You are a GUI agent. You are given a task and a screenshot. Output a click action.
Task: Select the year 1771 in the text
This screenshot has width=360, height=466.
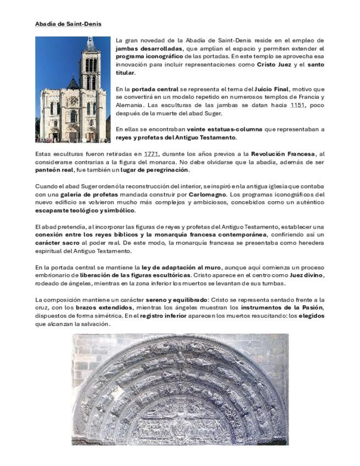click(151, 154)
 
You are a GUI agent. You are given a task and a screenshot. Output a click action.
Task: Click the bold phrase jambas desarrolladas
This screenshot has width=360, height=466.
click(146, 48)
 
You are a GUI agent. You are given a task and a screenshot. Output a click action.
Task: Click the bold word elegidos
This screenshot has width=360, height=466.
click(315, 316)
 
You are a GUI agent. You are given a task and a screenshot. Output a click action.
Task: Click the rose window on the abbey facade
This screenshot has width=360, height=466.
click(73, 101)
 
